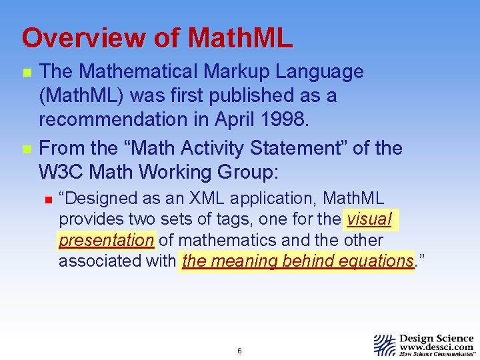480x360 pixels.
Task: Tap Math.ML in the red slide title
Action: (240, 38)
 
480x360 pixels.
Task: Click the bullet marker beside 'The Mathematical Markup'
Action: (26, 73)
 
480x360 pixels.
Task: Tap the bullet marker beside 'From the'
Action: (26, 149)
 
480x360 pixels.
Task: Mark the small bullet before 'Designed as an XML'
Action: (48, 199)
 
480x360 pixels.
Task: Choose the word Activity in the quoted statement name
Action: (205, 148)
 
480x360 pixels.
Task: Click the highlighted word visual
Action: (369, 219)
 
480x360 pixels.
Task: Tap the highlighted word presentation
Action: (107, 240)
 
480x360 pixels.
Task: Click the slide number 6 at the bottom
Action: (239, 351)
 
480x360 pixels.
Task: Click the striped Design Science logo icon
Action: (385, 345)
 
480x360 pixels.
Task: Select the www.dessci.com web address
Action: (437, 347)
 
